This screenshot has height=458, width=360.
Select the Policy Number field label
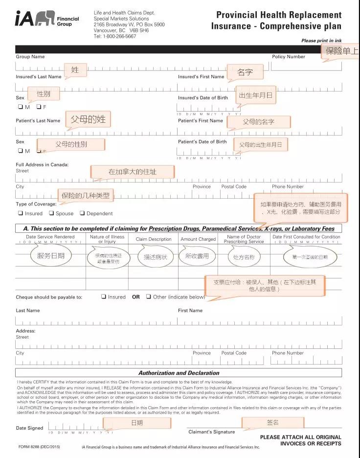(x=289, y=57)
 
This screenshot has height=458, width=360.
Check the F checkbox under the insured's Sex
(x=39, y=107)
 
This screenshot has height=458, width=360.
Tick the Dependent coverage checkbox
(x=82, y=213)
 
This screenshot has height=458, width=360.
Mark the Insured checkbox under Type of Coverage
(x=21, y=213)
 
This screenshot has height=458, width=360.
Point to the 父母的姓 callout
(x=88, y=119)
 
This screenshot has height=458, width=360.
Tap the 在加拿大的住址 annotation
(x=133, y=172)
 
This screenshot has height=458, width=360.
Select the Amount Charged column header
(x=198, y=239)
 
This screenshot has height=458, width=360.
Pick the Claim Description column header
(x=154, y=239)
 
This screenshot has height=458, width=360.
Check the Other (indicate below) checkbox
(x=148, y=297)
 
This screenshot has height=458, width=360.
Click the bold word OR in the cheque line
(x=136, y=297)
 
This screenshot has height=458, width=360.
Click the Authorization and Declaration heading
(x=178, y=373)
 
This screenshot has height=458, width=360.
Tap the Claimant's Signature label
(x=211, y=432)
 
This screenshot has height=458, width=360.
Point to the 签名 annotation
(x=273, y=422)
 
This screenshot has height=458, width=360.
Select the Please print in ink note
(x=321, y=41)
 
